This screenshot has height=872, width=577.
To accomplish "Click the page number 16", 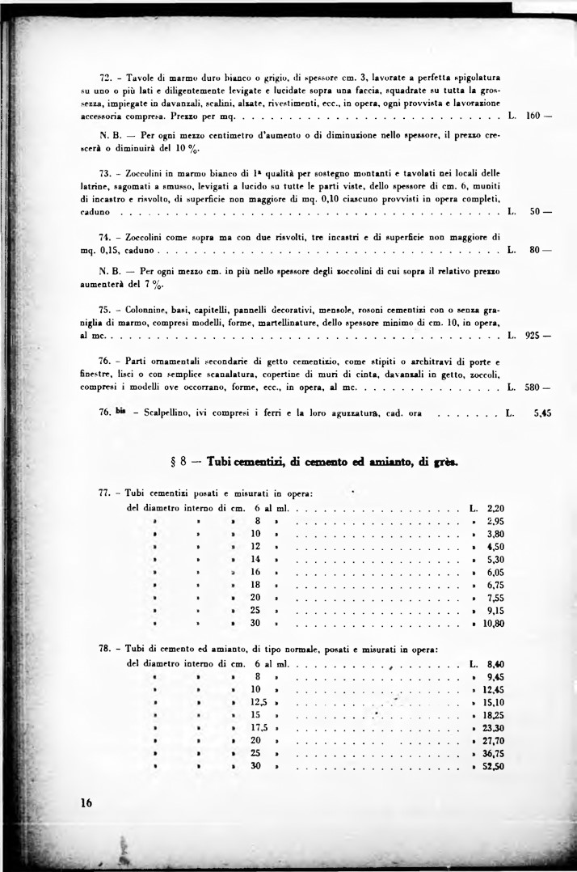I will click(87, 803).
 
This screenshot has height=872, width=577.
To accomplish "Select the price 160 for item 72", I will click(533, 116).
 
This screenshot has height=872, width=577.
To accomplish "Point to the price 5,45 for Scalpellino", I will click(542, 413).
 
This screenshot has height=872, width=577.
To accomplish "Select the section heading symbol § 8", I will click(179, 463).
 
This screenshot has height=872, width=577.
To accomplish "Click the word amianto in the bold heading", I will click(368, 462).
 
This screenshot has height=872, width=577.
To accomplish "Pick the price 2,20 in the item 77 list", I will click(496, 508).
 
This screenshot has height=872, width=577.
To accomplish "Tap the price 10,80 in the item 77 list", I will click(493, 624).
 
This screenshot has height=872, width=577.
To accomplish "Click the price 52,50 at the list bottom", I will click(493, 766).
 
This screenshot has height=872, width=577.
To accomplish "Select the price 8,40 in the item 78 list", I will click(496, 663).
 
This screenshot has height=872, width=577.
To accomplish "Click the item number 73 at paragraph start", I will click(105, 173).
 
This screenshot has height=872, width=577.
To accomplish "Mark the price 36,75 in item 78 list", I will click(493, 753).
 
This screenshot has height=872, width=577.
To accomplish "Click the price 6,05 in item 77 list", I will click(496, 572).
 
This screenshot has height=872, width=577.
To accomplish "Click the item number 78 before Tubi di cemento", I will click(105, 649).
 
